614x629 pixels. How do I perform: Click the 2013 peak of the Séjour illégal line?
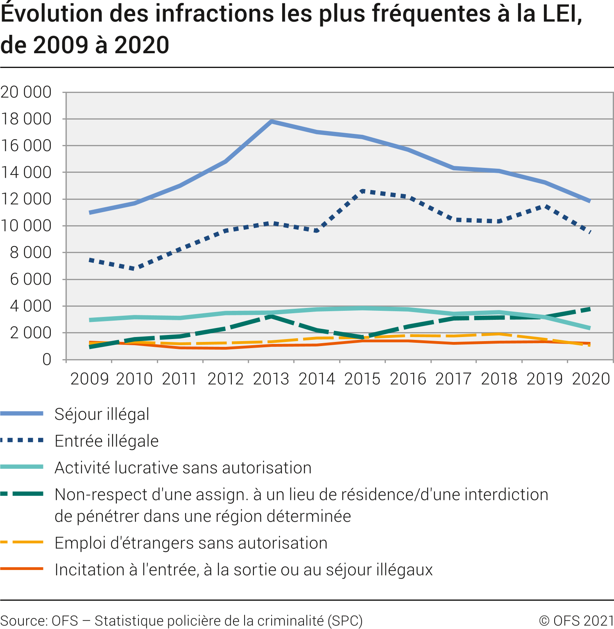(x=271, y=121)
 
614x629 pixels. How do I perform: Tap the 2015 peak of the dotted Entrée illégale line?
(x=363, y=191)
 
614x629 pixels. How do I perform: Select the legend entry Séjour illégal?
(x=102, y=414)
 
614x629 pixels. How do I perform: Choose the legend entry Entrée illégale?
(x=106, y=441)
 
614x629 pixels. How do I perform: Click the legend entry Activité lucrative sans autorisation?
(x=183, y=468)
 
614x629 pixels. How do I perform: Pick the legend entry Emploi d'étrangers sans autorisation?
(x=191, y=543)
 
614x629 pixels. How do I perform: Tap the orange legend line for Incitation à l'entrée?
(x=22, y=569)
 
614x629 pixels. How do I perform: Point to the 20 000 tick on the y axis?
(x=26, y=92)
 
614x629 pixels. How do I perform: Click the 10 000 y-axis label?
(x=26, y=226)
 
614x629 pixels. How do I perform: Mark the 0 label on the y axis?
(x=47, y=360)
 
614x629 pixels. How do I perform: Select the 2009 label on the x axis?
(x=89, y=379)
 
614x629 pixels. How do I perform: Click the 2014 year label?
(x=317, y=379)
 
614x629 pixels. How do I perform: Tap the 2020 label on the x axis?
(x=590, y=379)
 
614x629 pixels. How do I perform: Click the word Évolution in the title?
(x=52, y=14)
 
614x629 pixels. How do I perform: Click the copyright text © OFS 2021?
(x=576, y=620)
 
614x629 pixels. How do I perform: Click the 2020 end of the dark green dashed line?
(x=589, y=309)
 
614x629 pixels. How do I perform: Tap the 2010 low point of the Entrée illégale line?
(x=135, y=269)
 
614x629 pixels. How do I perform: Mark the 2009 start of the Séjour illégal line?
(x=90, y=213)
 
